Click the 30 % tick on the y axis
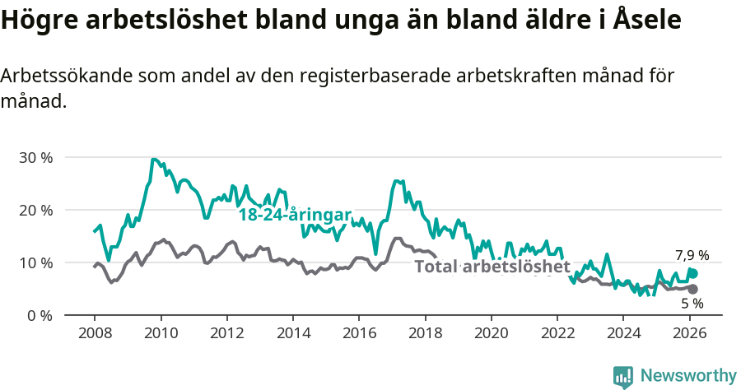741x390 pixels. click(x=35, y=157)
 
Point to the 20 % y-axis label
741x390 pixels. click(x=35, y=210)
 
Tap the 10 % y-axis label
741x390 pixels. click(x=35, y=262)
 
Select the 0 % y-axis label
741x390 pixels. click(x=40, y=316)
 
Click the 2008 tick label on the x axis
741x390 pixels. click(x=94, y=333)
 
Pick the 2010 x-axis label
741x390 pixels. click(x=161, y=333)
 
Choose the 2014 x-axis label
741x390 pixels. click(x=293, y=333)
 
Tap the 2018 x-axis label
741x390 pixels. click(x=426, y=333)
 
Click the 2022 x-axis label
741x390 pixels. click(x=558, y=333)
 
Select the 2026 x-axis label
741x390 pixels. click(x=690, y=333)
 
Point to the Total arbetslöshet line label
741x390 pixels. click(x=492, y=267)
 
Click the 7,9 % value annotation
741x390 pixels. click(x=692, y=256)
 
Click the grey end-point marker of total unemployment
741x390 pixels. click(x=692, y=289)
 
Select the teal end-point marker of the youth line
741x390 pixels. click(x=693, y=273)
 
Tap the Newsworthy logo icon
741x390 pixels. click(x=623, y=377)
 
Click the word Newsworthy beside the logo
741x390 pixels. click(x=688, y=376)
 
